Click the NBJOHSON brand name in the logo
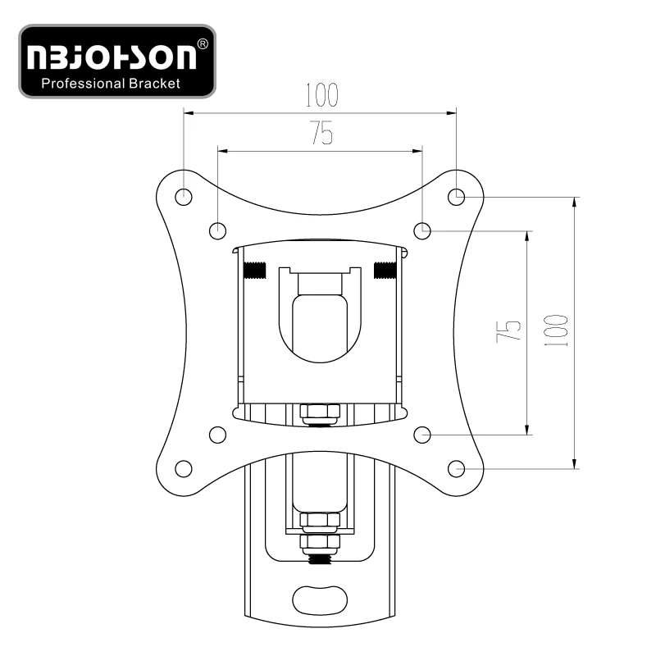point(112,57)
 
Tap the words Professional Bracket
point(111,84)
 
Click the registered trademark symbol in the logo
point(203,44)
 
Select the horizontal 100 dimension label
point(321,95)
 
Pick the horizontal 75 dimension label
point(321,133)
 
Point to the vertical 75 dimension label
point(508,332)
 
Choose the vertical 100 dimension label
point(556,330)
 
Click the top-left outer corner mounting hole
point(183,197)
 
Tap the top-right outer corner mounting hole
point(456,197)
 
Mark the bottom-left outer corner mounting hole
point(183,468)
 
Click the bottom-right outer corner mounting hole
point(456,468)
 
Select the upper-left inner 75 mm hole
point(217,230)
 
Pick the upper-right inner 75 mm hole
point(422,230)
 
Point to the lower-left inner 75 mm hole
point(217,435)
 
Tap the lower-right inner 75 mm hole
point(422,435)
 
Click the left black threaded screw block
point(254,271)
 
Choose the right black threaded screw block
point(385,271)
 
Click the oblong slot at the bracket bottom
point(320,599)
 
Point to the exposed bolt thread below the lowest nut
point(320,559)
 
